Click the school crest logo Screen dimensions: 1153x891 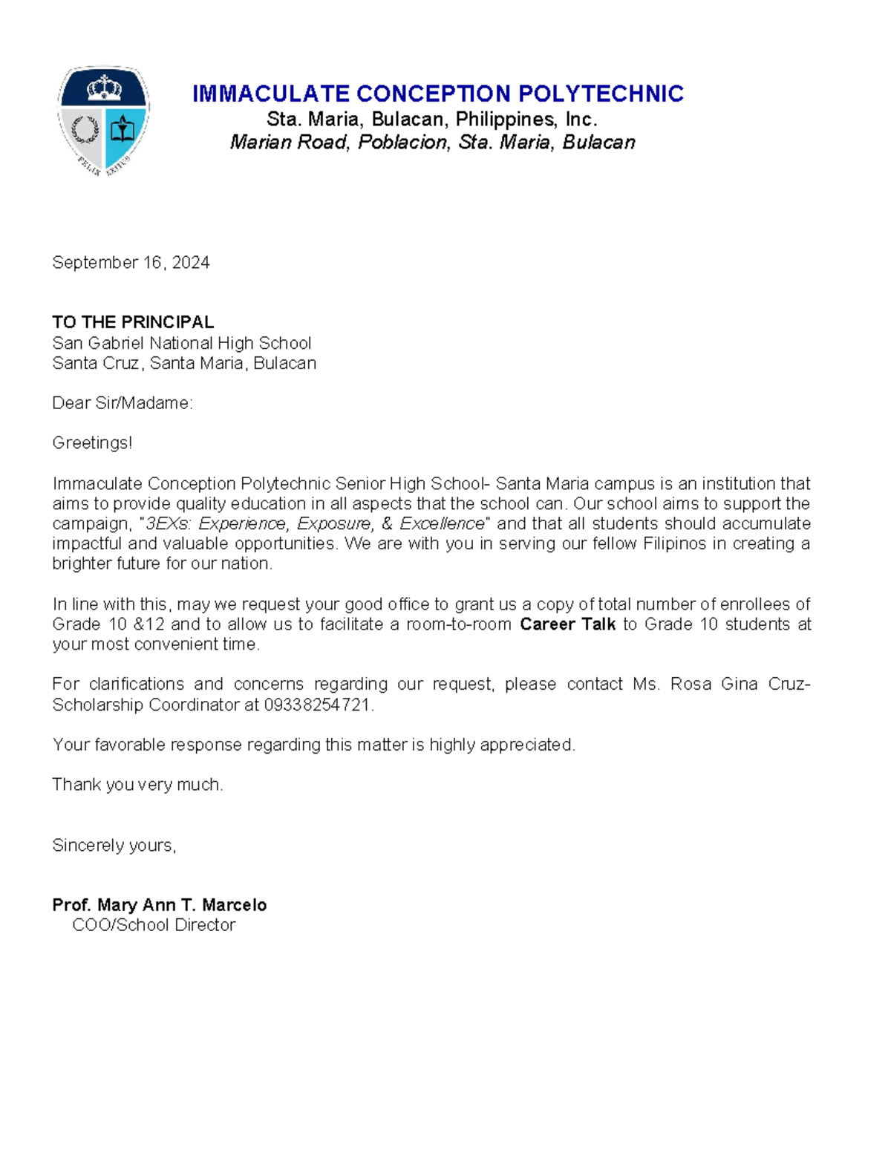coord(104,120)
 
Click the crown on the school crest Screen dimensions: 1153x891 coord(104,88)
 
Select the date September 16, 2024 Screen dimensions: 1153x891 coord(131,263)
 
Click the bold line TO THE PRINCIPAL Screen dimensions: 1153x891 coord(133,322)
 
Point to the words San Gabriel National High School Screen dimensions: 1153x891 coord(181,343)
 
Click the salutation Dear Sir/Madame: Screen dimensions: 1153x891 coord(123,403)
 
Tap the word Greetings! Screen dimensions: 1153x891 coord(92,443)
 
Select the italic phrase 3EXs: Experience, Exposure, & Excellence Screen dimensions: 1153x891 coord(315,523)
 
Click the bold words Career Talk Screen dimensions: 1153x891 coord(567,624)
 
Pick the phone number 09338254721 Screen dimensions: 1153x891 coord(317,705)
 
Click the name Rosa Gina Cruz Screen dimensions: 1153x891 coord(739,684)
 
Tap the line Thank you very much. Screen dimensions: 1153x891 coord(137,785)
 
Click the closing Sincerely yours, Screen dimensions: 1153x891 coord(114,846)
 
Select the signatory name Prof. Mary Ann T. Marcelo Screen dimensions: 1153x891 coord(159,905)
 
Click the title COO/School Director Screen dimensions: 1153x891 coord(154,925)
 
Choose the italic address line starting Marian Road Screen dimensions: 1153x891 coord(432,143)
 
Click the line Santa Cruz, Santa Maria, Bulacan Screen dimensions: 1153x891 coord(184,363)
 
